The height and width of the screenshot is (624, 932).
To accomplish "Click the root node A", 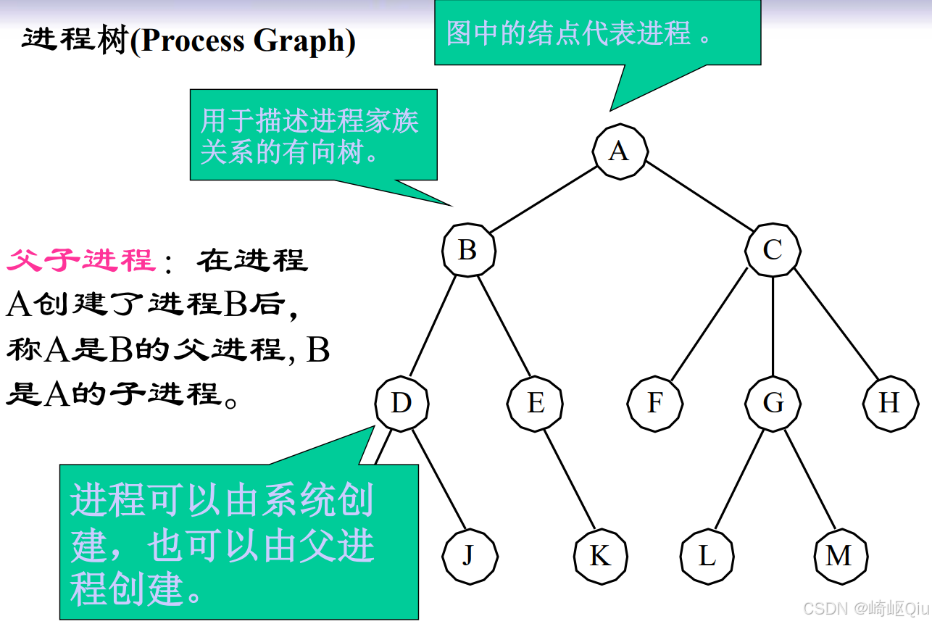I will pos(619,151).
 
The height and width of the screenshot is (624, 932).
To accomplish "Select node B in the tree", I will pos(468,250).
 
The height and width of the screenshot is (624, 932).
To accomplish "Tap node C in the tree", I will pos(773,250).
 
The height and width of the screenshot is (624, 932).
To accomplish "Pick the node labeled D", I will pos(401,403).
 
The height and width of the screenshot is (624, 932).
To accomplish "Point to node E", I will pos(535,403).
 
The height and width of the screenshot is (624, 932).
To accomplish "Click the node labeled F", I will pos(654,403).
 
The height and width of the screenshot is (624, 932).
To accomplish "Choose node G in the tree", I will pos(773,403).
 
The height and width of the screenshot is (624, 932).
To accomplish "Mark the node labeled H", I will pos(889,403).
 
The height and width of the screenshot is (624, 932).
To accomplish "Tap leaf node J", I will pos(469,556).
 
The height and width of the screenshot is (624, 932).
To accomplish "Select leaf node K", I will pos(600,556).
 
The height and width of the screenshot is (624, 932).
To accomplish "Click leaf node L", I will pos(707,556).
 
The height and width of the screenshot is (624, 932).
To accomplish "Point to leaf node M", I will pos(839,556).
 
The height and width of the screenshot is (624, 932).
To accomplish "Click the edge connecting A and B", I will pos(544,200).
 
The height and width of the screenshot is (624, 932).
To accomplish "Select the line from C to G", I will pos(773,326).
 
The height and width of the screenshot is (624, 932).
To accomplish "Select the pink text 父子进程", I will pos(81,259).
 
